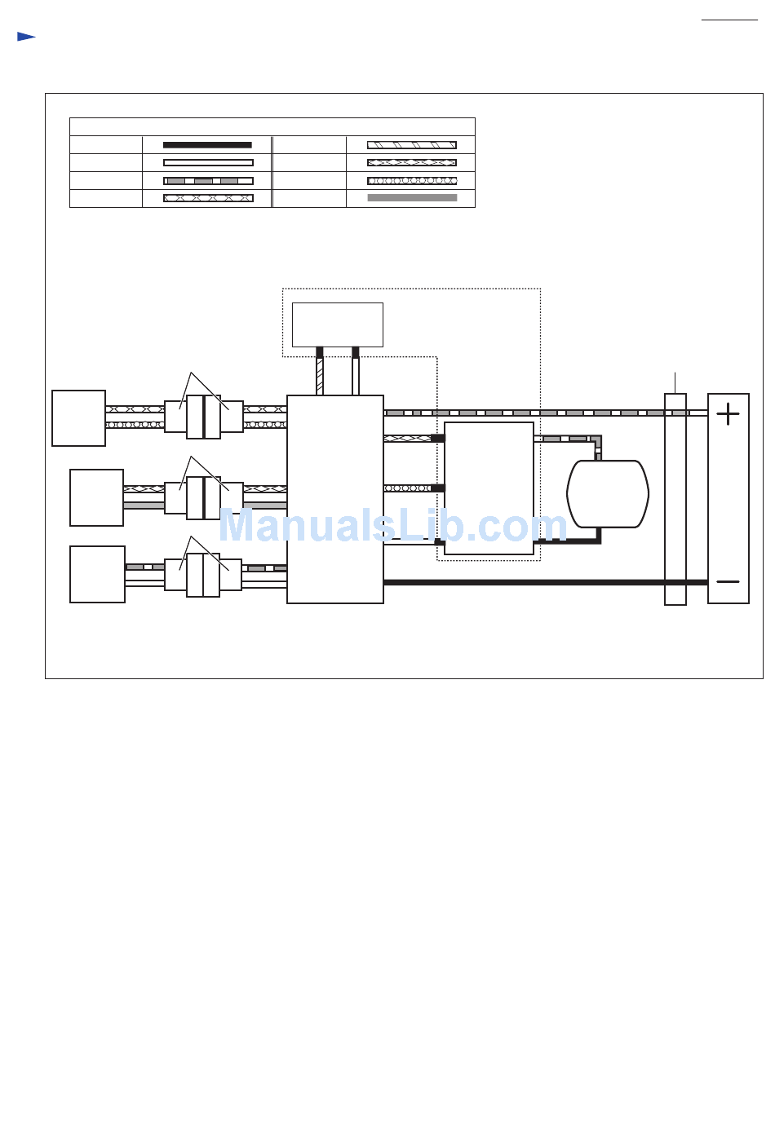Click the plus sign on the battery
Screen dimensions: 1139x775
pos(728,414)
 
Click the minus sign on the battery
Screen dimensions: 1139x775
pos(728,581)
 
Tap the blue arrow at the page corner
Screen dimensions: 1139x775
pos(26,37)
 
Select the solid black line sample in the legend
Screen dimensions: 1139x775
pos(207,145)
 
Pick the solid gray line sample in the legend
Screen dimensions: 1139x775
pos(412,198)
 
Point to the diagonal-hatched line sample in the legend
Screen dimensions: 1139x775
pos(412,145)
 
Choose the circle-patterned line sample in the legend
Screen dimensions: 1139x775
pos(412,180)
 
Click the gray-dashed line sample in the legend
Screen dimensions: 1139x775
pos(208,180)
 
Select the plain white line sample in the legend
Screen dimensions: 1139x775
pos(208,162)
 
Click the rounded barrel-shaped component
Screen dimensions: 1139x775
pos(608,493)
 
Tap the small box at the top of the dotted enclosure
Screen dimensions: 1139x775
pos(338,324)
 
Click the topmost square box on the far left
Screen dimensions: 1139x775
pos(78,418)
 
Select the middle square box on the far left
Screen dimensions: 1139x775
pos(96,497)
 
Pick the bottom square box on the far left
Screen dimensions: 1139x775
pos(97,574)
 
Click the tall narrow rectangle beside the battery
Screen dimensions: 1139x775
pos(675,499)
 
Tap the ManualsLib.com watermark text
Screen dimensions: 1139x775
pos(392,527)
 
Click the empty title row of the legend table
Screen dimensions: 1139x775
pos(272,126)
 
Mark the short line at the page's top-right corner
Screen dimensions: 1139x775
pos(729,20)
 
